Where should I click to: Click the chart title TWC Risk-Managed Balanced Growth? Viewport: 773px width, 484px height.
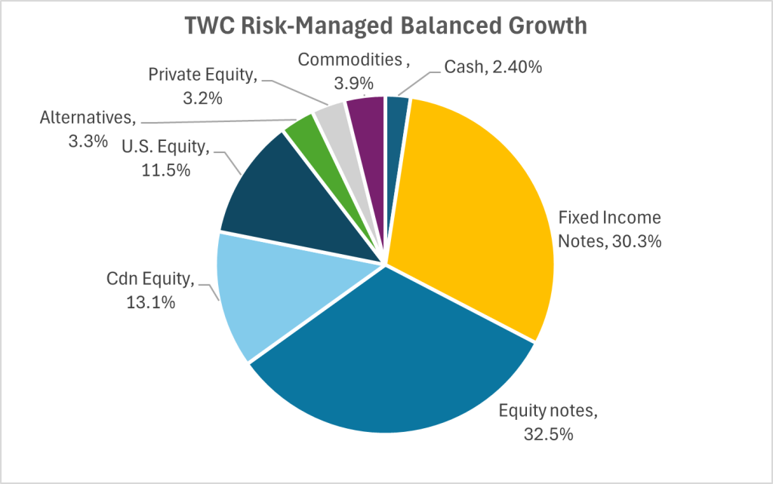point(386,26)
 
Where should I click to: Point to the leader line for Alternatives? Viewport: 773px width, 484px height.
point(219,123)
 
